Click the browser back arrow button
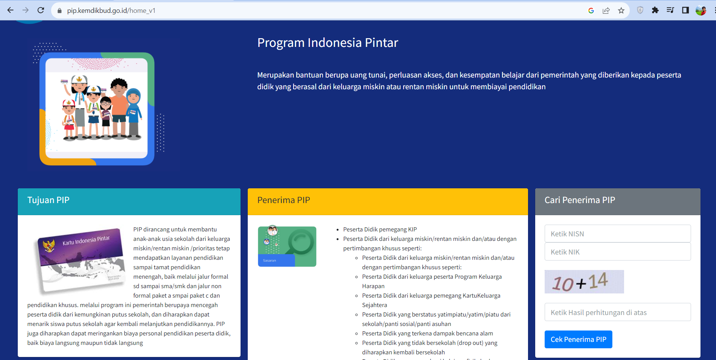[10, 10]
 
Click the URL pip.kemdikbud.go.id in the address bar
[111, 11]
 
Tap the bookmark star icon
[621, 11]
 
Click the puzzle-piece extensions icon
[655, 10]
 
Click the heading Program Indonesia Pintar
[328, 43]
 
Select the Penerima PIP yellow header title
[284, 200]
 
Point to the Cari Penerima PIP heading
[579, 200]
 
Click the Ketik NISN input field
[617, 234]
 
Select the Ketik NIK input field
[617, 252]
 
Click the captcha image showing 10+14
[584, 282]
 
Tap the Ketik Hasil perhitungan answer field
[617, 312]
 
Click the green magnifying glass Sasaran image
[287, 247]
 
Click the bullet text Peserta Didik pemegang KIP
[380, 230]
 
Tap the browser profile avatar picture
[700, 10]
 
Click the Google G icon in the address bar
[591, 11]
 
